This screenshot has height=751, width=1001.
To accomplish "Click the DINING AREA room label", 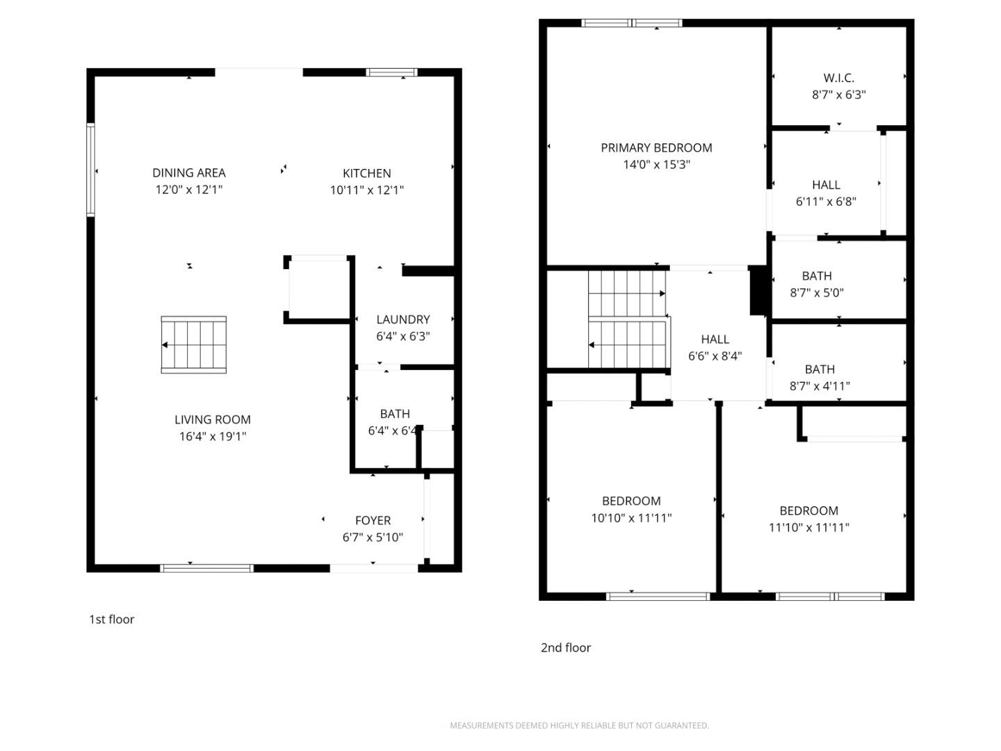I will pos(189,172).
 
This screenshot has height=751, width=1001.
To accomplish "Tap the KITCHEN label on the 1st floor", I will pos(366,173).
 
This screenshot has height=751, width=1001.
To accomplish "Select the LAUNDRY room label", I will pos(403,319).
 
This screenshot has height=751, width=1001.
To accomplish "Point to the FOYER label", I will pos(373,520).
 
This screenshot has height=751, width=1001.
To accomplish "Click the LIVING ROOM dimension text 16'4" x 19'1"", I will pos(213,437).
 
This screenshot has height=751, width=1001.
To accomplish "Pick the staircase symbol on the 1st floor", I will pos(194,345).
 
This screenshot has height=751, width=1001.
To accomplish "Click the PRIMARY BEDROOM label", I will pos(656,147).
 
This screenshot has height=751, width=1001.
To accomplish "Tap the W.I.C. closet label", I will pos(838,78).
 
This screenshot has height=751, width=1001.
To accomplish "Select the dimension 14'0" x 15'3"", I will pos(656,165).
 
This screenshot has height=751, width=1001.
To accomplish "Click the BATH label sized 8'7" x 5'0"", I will pos(817,276).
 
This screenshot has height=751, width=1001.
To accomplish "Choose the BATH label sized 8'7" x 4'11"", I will pos(820,369).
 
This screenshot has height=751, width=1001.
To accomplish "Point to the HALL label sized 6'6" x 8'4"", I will pos(715,339).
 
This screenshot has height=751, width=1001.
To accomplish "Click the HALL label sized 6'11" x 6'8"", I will pos(826,185).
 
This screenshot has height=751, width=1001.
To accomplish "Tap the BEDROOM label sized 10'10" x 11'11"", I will pos(631,501).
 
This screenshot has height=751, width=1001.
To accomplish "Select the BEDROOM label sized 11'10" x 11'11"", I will pos(808,510).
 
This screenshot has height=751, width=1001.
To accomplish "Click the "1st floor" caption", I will pos(111,620).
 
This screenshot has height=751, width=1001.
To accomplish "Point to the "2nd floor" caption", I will pos(566,647).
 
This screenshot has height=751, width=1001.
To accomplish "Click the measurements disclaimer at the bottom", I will pos(579,725).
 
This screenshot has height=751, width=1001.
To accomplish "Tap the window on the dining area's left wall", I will pos(90,170).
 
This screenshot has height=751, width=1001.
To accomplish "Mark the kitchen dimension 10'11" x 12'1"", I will pos(366,190).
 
